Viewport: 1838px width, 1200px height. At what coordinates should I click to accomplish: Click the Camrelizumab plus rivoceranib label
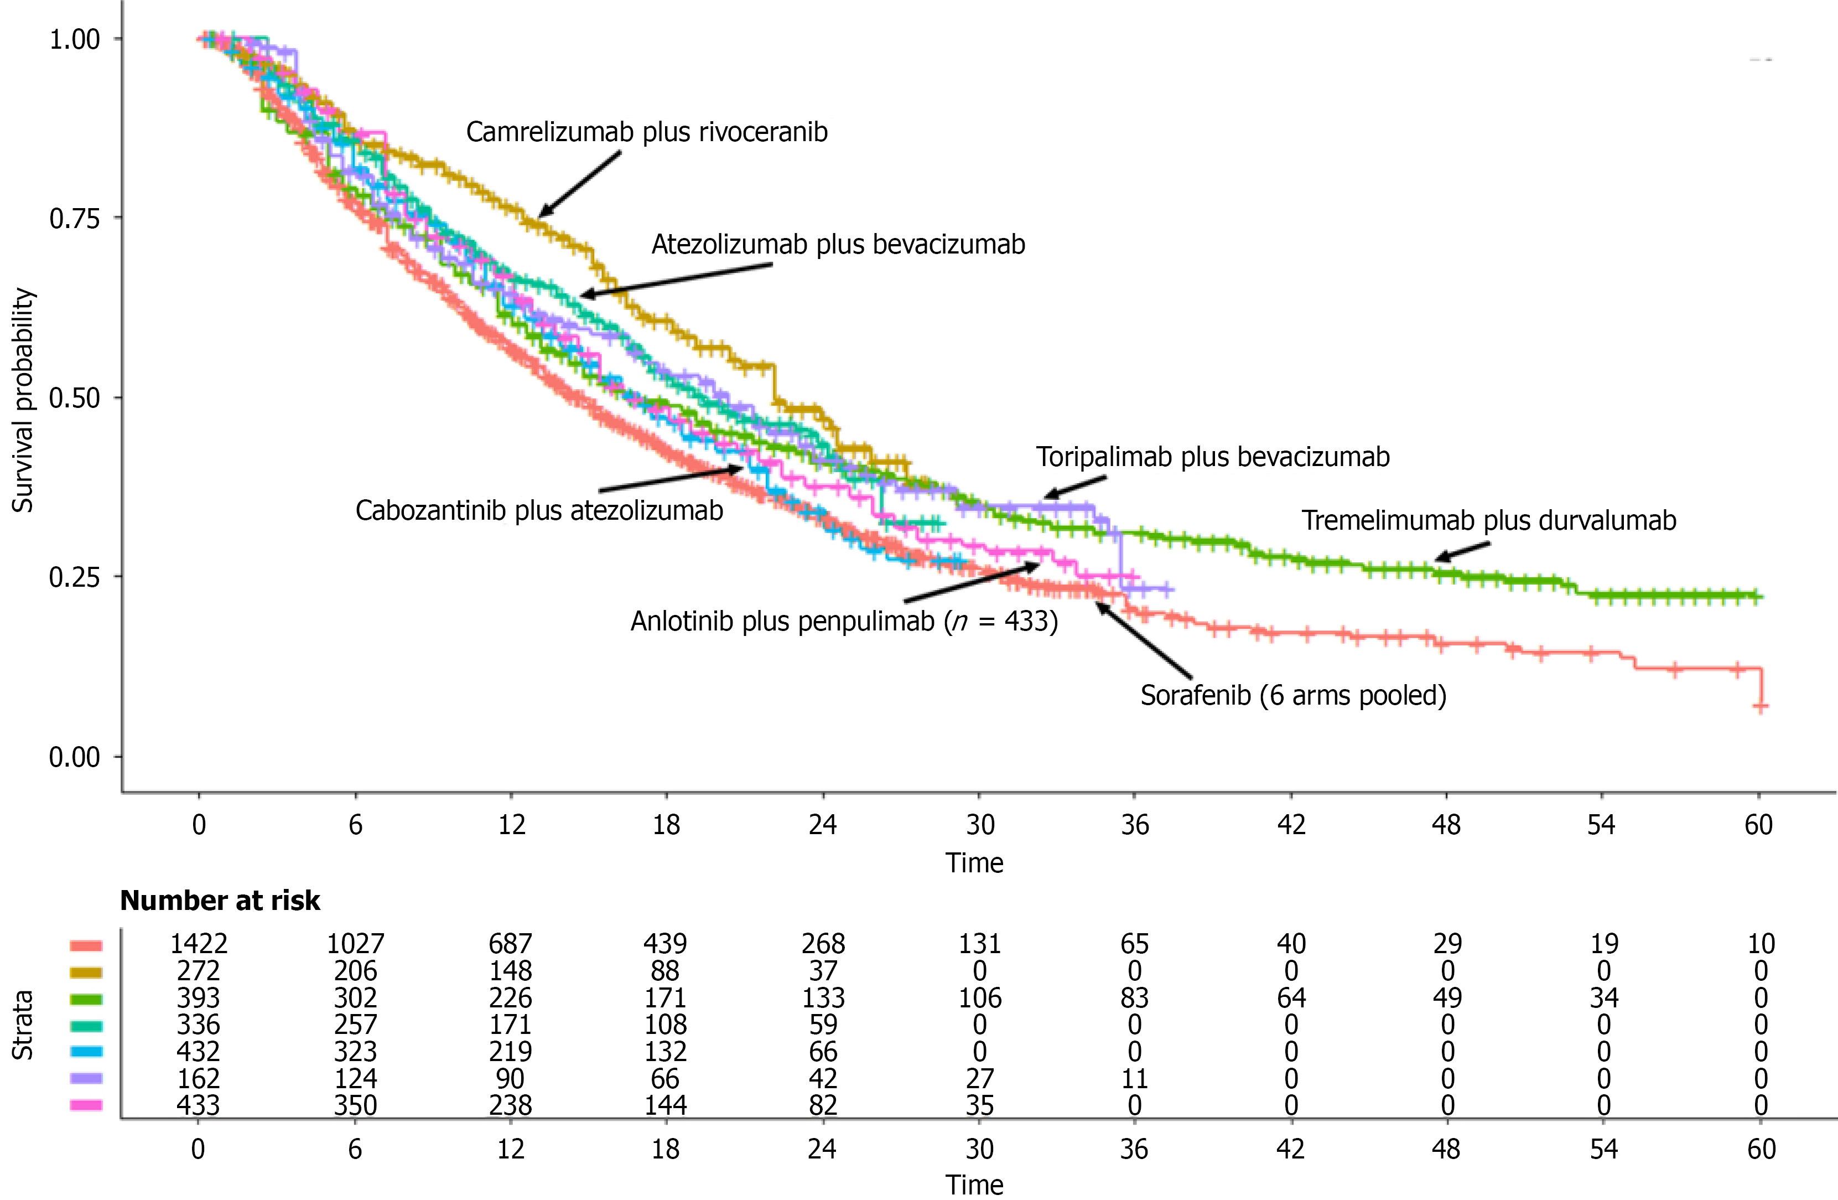pos(646,132)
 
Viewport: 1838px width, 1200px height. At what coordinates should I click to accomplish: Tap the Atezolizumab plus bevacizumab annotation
pos(838,244)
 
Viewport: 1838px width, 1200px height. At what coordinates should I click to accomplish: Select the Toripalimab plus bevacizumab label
pos(1212,457)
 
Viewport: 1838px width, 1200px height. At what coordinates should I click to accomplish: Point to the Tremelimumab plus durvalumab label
pos(1489,520)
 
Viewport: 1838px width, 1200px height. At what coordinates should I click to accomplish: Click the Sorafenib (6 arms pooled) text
pos(1294,695)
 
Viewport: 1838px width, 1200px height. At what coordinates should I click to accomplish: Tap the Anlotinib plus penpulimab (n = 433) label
pos(844,621)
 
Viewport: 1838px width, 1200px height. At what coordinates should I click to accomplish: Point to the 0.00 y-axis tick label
pos(75,757)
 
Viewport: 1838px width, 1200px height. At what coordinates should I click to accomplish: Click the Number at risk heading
pos(220,900)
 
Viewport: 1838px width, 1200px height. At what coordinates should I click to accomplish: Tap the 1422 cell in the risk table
pos(199,944)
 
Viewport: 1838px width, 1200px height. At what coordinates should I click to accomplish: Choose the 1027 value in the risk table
pos(355,944)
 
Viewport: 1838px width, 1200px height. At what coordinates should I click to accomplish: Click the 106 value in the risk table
pos(979,997)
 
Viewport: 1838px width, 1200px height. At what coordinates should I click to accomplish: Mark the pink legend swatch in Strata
pos(86,1105)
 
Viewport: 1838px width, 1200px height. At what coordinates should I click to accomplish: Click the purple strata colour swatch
pos(86,1078)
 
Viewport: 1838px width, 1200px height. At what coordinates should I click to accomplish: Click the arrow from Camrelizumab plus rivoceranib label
pos(579,184)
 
